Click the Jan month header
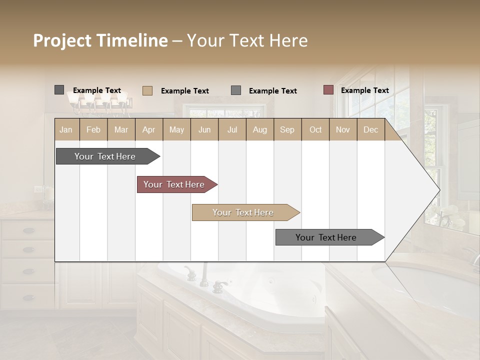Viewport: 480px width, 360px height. click(x=66, y=129)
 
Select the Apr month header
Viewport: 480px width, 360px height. click(x=148, y=129)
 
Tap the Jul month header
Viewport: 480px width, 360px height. click(x=232, y=129)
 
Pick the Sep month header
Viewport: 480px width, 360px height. click(x=287, y=129)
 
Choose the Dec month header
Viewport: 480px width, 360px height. click(x=370, y=129)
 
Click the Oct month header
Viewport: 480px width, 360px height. click(x=315, y=129)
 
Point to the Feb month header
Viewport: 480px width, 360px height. click(x=93, y=129)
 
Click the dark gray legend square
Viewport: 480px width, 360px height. click(x=59, y=90)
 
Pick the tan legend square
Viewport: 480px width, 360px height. click(x=147, y=90)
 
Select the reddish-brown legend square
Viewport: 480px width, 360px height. click(x=328, y=90)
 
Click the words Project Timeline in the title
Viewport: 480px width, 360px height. click(x=100, y=40)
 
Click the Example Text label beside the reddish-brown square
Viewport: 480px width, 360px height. click(x=364, y=90)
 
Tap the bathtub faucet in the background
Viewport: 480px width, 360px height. click(x=205, y=277)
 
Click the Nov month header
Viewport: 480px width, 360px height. click(x=342, y=129)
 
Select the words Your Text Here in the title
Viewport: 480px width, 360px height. click(x=247, y=40)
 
